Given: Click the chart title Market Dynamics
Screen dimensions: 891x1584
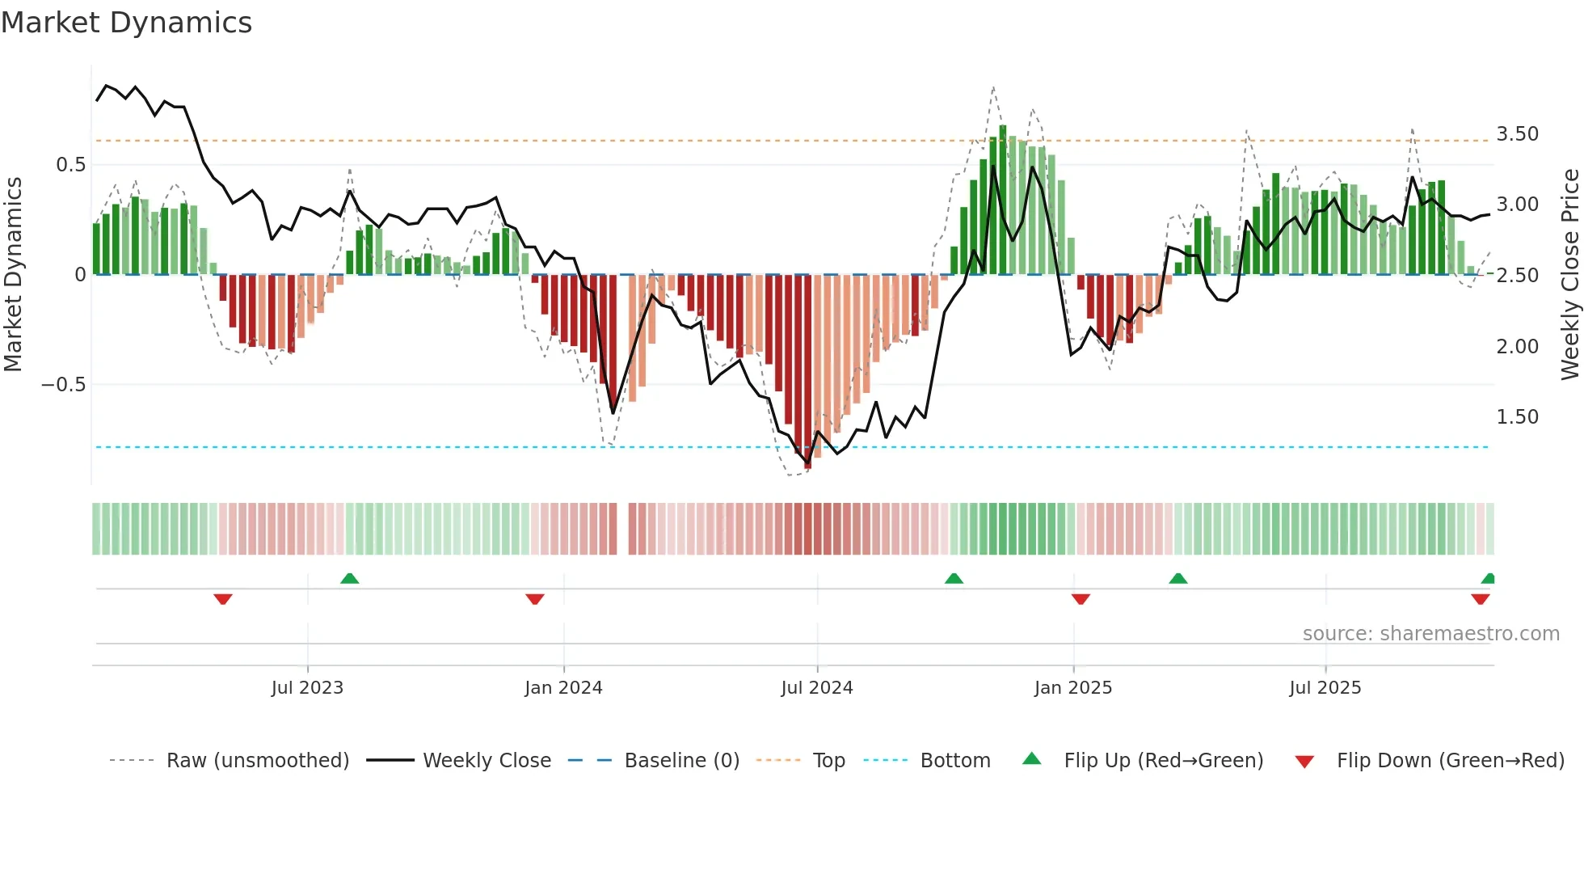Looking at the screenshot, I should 127,23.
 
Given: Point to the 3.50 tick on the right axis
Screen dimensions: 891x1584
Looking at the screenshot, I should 1517,134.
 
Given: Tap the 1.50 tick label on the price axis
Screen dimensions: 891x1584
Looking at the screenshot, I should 1517,417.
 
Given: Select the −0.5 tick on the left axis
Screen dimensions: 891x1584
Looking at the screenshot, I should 64,385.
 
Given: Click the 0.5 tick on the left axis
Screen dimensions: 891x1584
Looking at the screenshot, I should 70,165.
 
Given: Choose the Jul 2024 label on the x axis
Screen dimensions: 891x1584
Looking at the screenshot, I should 816,688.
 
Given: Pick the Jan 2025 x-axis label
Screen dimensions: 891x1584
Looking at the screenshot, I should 1072,688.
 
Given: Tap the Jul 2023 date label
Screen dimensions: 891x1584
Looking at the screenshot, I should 307,688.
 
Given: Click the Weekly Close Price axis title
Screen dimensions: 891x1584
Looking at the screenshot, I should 1569,275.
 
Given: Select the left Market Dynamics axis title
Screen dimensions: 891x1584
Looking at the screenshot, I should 13,275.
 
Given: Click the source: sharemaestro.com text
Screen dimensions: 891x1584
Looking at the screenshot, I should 1430,634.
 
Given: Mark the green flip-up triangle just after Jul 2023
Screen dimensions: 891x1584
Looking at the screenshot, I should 349,579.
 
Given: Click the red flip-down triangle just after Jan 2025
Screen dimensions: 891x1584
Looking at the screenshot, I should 1081,599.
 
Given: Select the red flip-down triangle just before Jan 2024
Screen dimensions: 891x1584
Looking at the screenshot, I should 534,599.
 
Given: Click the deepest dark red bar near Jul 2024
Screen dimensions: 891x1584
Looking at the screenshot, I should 807,372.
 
